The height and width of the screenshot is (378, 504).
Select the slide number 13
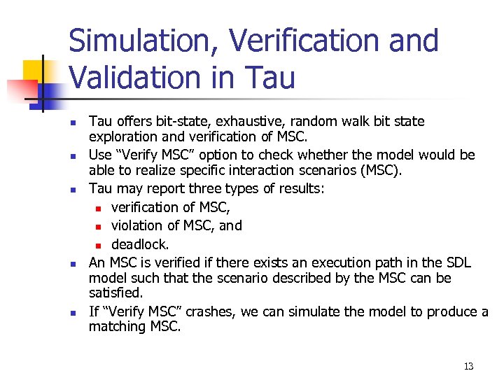point(468,366)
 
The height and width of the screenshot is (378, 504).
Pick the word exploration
point(122,136)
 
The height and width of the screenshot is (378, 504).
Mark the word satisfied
point(115,293)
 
